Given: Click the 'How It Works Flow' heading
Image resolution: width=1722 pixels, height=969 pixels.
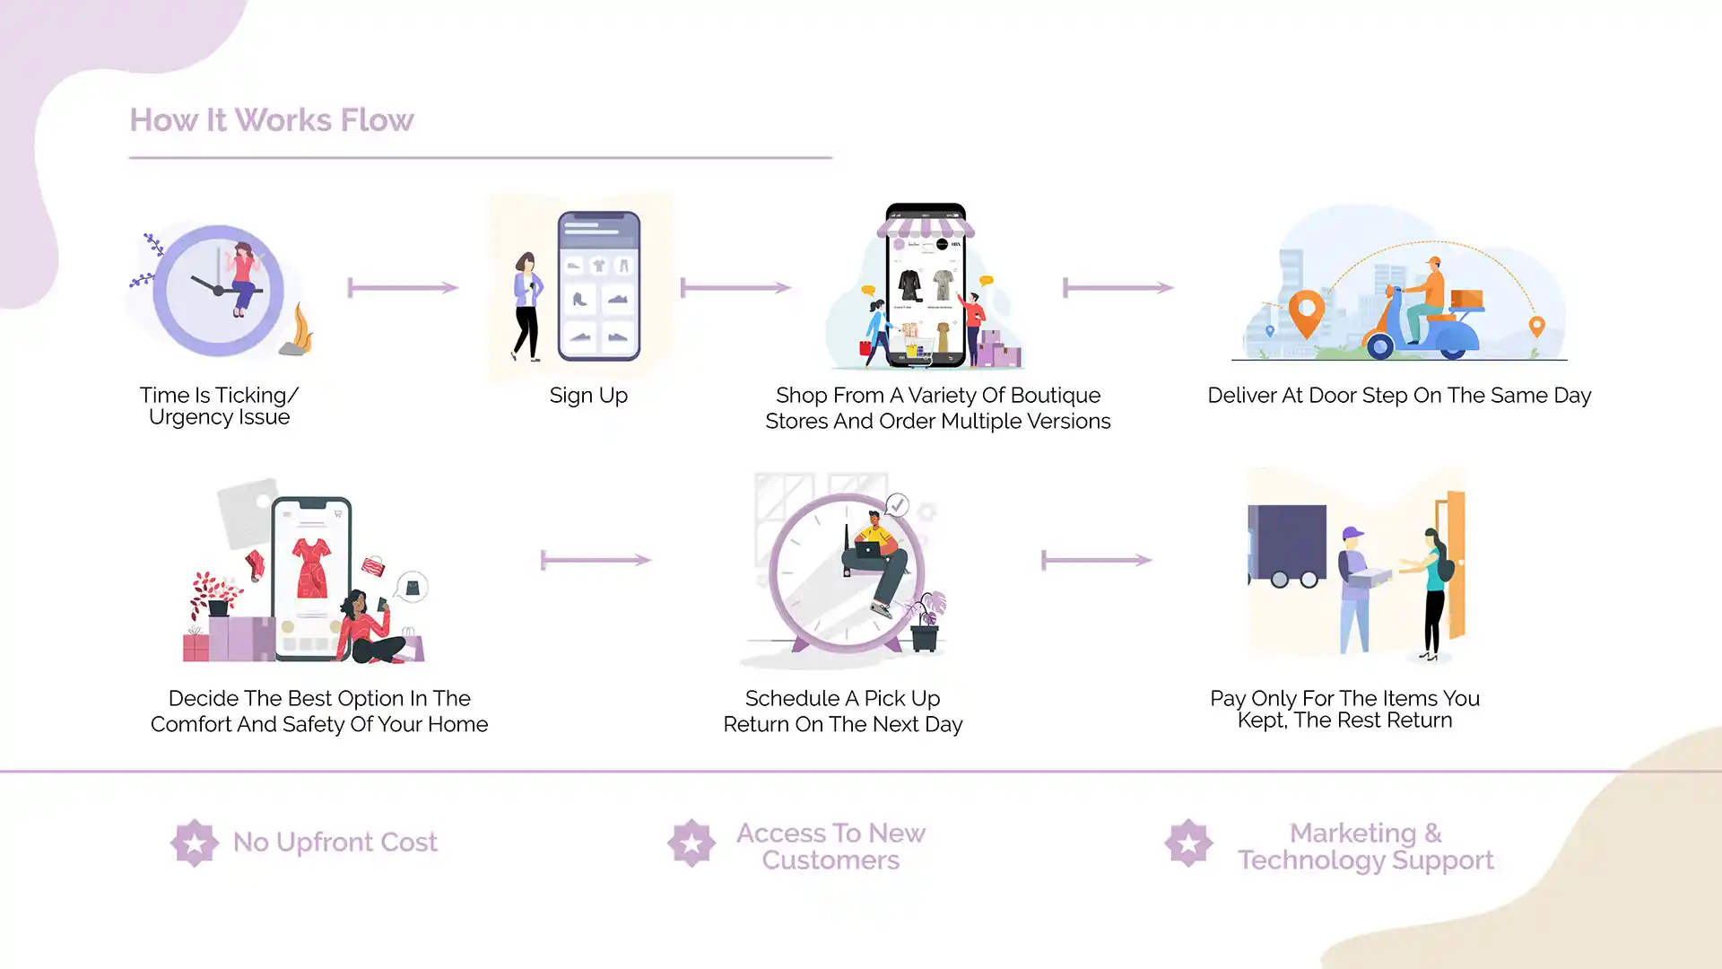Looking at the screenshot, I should point(271,120).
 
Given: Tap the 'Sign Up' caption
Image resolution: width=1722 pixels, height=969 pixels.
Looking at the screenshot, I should point(588,396).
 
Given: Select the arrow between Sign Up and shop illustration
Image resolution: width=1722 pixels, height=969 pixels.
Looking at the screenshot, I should point(735,288).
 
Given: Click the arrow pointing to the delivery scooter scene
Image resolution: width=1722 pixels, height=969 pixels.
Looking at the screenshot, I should point(1118,288).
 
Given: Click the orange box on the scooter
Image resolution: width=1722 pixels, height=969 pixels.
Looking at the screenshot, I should point(1466,299).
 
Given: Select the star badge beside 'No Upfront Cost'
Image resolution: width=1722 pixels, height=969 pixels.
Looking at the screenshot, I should point(194,842).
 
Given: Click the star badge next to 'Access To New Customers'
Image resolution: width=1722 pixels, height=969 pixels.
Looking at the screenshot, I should point(691,842).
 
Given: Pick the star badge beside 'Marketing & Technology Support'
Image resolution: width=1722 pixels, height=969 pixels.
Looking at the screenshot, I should point(1188,842).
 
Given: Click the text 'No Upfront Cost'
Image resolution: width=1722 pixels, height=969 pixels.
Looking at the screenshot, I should point(335,842).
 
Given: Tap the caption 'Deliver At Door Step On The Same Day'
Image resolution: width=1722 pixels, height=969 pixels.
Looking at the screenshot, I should point(1399,396).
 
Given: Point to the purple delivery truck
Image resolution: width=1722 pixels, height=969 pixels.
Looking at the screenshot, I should point(1287,544).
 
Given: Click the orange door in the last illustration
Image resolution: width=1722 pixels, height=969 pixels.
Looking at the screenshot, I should point(1454,565).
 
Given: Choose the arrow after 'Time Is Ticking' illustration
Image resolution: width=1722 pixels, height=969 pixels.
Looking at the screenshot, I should point(403,288).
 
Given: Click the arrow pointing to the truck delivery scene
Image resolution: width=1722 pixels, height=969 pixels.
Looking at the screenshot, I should point(1096,561).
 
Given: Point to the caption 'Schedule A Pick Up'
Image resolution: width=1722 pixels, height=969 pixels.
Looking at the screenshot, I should point(842,699).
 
